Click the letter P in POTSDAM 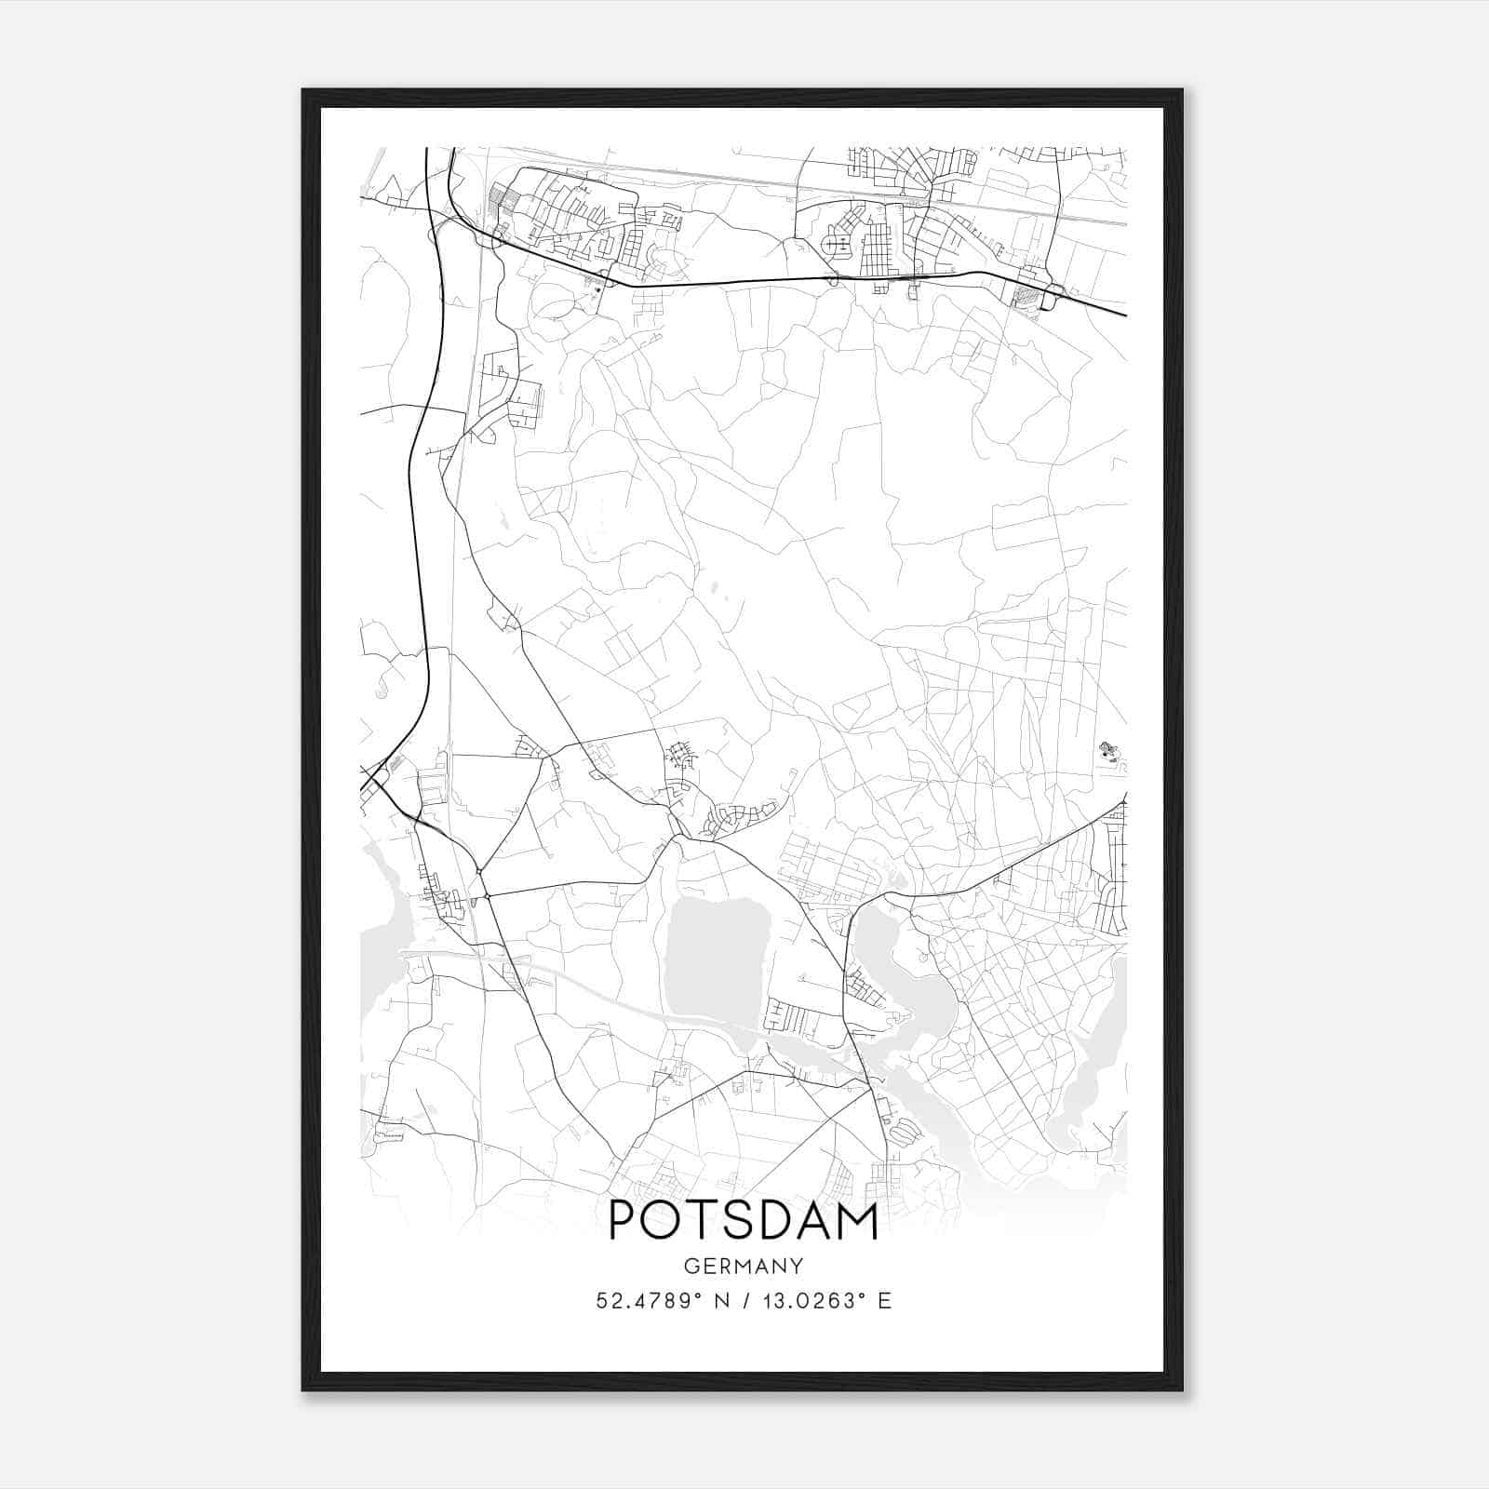(624, 1221)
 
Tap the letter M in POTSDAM (856, 1221)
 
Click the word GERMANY (744, 1267)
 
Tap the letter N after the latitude (720, 1301)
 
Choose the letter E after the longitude (884, 1301)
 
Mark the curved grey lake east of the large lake (917, 986)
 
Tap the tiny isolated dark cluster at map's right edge (1107, 750)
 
